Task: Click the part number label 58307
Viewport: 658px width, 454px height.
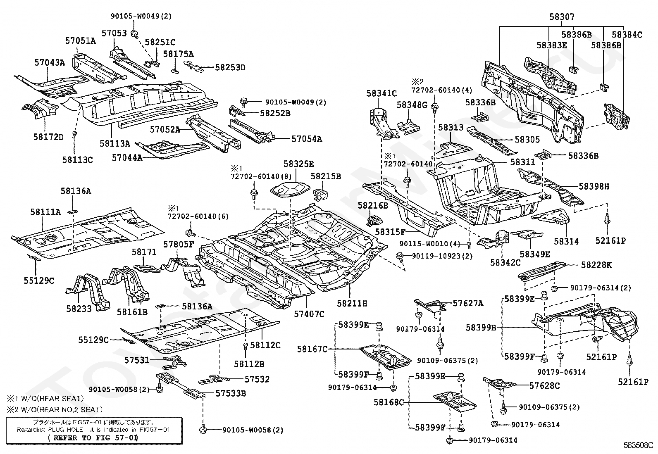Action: point(562,17)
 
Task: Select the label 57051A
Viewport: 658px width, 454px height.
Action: point(80,40)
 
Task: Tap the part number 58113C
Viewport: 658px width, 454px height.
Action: point(77,159)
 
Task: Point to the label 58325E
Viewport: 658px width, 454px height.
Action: point(298,164)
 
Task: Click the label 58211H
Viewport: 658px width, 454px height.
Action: point(352,303)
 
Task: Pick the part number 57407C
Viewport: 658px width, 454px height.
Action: point(309,314)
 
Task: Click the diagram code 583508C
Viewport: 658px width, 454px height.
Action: point(638,445)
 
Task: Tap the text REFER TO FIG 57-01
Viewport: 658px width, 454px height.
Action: point(93,437)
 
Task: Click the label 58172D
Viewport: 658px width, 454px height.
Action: point(48,137)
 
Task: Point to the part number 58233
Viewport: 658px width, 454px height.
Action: point(79,309)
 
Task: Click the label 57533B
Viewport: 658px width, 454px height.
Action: point(231,393)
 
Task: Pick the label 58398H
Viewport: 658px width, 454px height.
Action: point(594,186)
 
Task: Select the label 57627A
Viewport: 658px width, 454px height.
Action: point(467,303)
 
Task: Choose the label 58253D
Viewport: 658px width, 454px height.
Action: point(230,67)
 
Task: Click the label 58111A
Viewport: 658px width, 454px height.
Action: point(45,212)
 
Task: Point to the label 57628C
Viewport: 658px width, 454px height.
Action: point(544,385)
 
